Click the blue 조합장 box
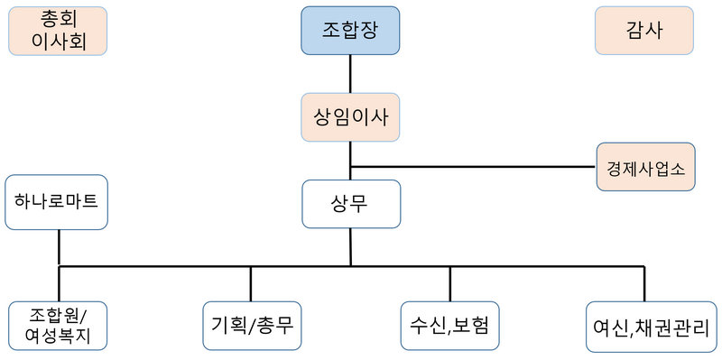point(350,31)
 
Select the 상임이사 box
point(350,118)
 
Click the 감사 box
point(643,31)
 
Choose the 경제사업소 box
point(645,167)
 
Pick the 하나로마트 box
point(56,202)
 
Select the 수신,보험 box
point(449,321)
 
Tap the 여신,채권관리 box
point(650,328)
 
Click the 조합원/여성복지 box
point(58,326)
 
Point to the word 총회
point(58,20)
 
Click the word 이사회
point(58,42)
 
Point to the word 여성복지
point(58,336)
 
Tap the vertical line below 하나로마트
point(59,247)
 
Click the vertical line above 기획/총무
point(251,282)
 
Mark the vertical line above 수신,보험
point(449,282)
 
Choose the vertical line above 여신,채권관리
point(644,284)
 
